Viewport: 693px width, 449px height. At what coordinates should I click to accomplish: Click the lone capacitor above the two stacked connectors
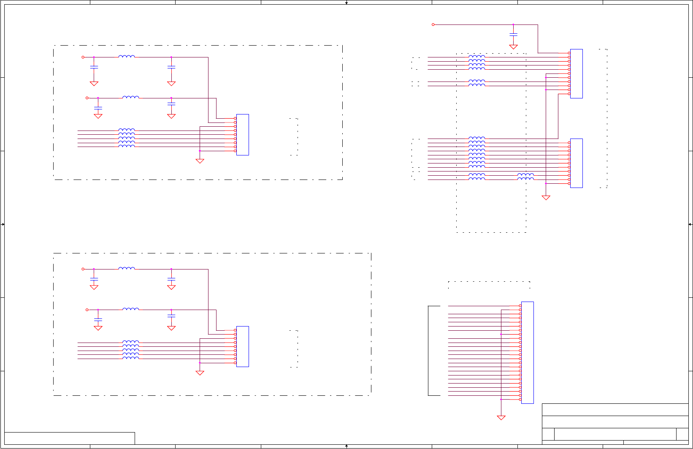coord(513,34)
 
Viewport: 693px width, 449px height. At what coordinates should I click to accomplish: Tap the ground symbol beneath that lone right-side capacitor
coord(513,47)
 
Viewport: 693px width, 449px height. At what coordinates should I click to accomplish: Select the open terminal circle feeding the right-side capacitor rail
coord(433,24)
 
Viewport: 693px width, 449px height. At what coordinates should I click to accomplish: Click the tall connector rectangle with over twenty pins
coord(528,352)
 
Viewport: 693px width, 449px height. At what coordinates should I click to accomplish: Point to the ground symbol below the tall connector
coord(501,418)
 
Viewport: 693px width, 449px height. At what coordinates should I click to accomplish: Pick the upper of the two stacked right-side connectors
coord(577,73)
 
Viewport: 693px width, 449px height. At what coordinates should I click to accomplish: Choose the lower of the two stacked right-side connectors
coord(577,163)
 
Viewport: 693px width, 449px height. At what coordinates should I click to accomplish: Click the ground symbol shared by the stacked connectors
coord(546,198)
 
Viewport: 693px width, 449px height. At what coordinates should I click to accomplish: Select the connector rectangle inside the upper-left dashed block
coord(243,134)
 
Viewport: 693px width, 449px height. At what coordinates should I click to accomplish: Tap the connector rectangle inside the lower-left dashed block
coord(243,346)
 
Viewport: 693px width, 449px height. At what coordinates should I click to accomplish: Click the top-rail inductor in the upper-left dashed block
coord(127,56)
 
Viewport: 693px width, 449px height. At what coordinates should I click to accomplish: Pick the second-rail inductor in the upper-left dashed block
coord(131,97)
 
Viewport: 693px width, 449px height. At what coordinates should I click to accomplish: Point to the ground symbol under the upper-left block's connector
coord(200,161)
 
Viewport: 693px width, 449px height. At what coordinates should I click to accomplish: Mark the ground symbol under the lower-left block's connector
coord(200,373)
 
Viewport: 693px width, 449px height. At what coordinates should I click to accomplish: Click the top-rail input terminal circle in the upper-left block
coord(83,57)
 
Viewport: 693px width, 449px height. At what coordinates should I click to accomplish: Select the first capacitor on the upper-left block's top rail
coord(94,67)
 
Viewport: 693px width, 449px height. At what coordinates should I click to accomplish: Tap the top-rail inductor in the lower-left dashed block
coord(127,268)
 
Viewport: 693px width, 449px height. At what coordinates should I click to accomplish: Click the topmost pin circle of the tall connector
coord(520,306)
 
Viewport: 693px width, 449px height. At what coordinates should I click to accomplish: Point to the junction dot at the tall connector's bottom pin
coord(501,399)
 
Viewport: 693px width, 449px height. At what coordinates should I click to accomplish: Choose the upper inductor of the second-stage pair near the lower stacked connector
coord(525,174)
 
